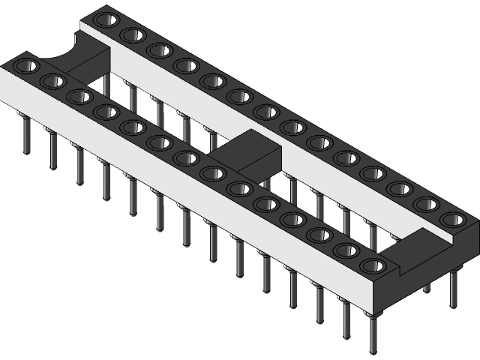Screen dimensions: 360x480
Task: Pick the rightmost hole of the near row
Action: pos(370,265)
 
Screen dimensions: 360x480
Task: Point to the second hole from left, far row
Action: pos(133,34)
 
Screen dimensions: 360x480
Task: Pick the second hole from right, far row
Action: pos(424,204)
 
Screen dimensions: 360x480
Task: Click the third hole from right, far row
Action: pos(398,188)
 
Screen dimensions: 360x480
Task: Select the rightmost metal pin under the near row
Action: pos(373,337)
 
